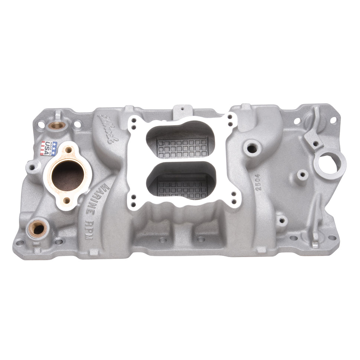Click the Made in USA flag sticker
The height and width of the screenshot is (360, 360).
49,147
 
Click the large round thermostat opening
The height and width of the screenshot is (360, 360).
68,176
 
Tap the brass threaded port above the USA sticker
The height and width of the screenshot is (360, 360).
58,125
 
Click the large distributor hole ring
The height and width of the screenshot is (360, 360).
332,163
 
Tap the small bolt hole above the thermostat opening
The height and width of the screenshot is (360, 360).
68,150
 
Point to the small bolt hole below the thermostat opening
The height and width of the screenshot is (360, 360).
67,201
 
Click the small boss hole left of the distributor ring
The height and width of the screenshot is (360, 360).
303,173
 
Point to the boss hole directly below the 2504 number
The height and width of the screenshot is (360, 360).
282,220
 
